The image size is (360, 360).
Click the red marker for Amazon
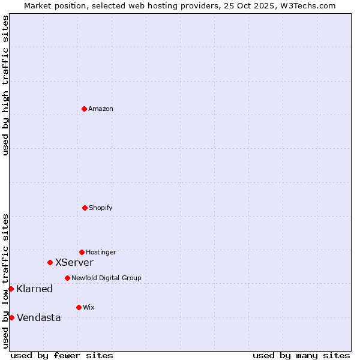(x=84, y=109)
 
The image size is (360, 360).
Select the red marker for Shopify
(x=85, y=208)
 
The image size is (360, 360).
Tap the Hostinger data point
(x=82, y=252)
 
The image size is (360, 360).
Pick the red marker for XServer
(x=50, y=262)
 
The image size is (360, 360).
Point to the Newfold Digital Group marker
(x=67, y=278)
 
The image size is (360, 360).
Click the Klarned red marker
(x=11, y=289)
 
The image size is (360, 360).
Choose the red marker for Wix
(x=79, y=307)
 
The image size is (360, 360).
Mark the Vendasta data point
(x=11, y=317)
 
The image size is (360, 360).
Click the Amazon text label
(x=101, y=109)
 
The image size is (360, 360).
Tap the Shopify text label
(x=101, y=208)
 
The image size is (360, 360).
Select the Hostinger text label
(x=101, y=253)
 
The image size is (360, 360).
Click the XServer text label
(x=74, y=263)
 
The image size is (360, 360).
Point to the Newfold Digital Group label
(x=106, y=278)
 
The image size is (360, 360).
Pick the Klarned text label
(x=35, y=289)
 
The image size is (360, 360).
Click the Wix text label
(x=89, y=308)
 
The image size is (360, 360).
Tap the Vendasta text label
(x=39, y=318)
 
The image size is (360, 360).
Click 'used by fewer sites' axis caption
(x=62, y=355)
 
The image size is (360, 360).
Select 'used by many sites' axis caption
(x=301, y=355)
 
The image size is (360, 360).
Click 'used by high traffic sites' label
(x=5, y=85)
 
